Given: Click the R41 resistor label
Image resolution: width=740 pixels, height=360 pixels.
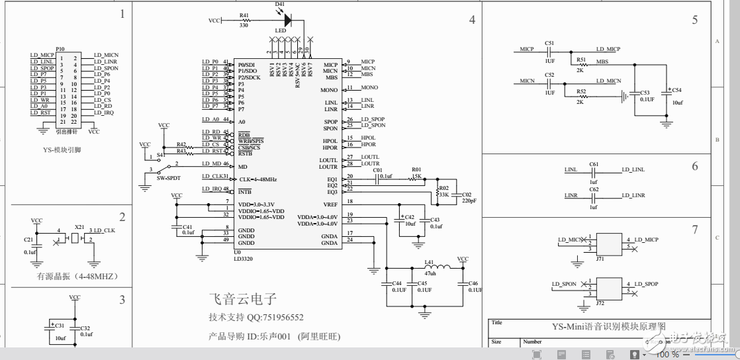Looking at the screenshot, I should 244,15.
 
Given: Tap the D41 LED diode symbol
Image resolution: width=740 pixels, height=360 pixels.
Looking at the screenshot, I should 287,20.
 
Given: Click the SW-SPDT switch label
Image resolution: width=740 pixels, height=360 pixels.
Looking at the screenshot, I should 168,178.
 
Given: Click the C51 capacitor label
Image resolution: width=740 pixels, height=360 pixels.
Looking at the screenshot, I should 549,42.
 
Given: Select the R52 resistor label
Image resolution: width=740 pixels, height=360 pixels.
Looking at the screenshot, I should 581,91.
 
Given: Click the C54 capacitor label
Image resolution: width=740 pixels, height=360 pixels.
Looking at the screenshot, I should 676,89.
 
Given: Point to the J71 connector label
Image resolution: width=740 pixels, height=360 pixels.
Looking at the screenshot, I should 600,259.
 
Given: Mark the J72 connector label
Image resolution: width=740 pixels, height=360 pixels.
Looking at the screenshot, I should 600,302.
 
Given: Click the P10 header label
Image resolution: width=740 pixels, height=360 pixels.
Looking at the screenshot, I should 60,49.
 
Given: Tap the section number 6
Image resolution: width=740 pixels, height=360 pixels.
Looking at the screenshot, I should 695,166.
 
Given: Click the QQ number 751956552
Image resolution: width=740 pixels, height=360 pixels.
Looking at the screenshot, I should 275,318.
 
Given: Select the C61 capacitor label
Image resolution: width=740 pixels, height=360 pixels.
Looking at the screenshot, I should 594,163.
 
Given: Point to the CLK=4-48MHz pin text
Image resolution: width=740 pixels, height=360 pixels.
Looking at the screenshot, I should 257,179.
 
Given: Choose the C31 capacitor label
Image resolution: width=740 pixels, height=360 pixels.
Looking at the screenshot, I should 60,326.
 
